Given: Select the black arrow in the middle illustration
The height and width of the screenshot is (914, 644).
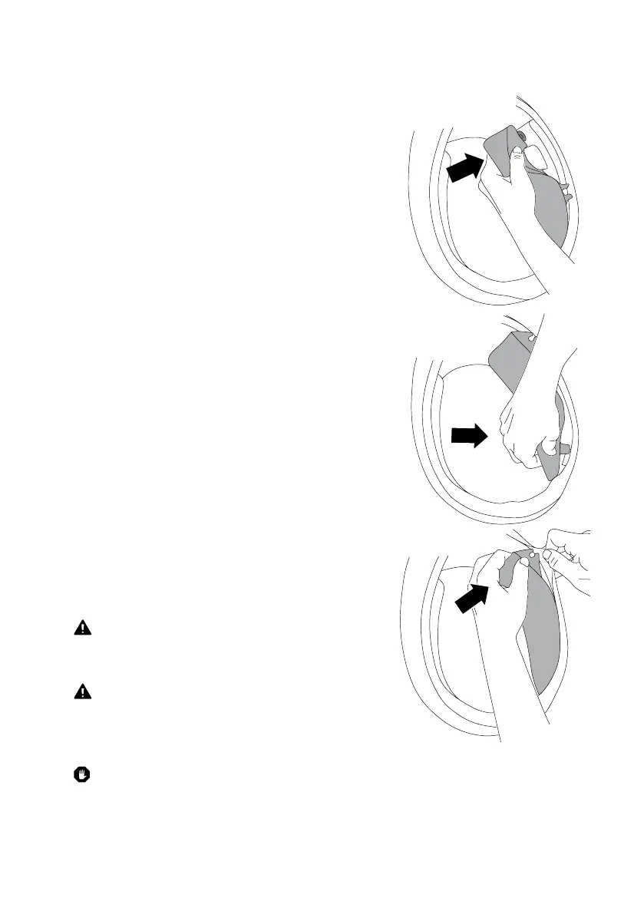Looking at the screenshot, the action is point(468,437).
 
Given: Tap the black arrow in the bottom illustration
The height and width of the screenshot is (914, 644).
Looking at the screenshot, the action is point(471,598).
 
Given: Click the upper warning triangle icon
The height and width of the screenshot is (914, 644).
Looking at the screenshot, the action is point(82,628).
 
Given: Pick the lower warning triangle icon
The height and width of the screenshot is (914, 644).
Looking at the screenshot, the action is point(82,691).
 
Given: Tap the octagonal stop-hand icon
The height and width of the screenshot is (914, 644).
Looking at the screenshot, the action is point(82,776).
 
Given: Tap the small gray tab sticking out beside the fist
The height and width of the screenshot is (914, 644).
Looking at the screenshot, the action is point(565,446).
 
